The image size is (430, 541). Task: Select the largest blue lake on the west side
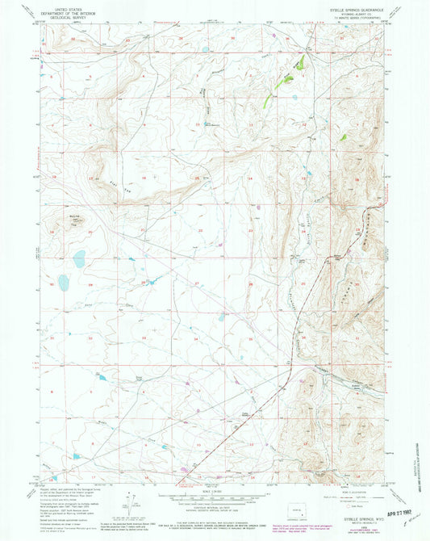(79, 259)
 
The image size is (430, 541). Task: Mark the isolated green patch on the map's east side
(343, 137)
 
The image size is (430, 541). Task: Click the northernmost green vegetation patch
(299, 61)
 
